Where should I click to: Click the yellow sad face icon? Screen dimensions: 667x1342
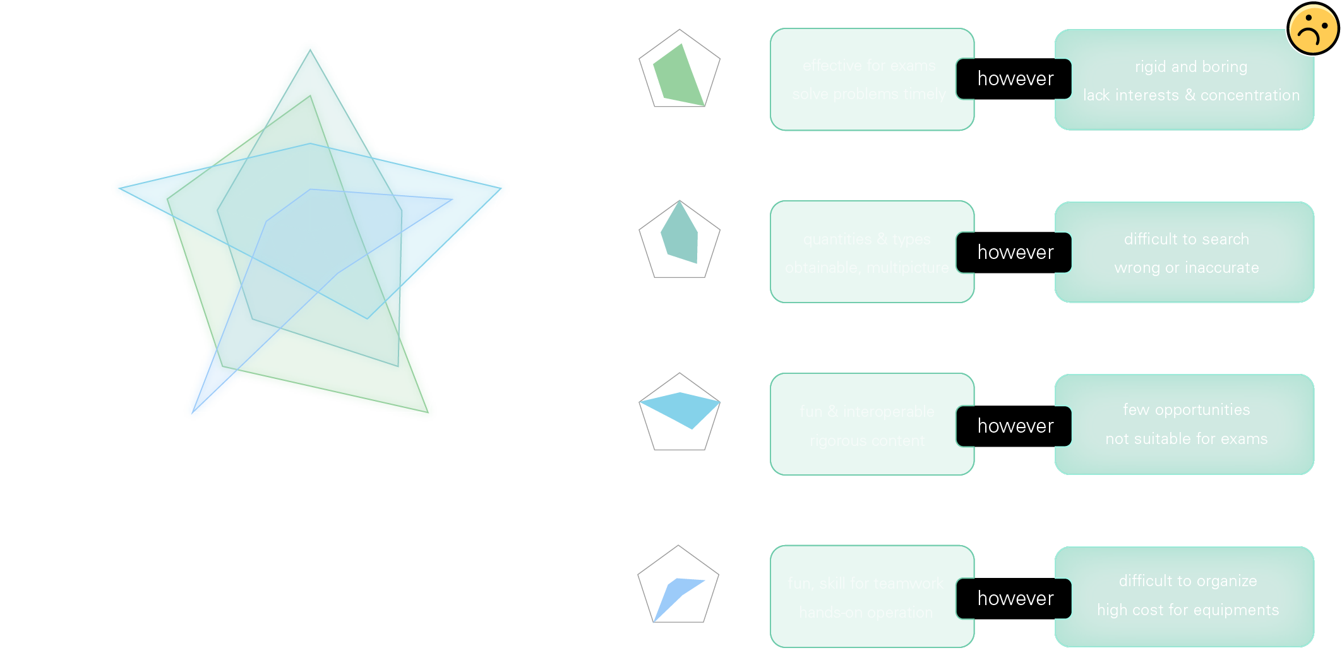pyautogui.click(x=1312, y=29)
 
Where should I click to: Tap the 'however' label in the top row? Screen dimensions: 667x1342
pyautogui.click(x=1015, y=79)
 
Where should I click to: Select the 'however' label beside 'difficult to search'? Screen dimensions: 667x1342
pyautogui.click(x=1015, y=253)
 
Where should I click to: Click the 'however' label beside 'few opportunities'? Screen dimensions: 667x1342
pyautogui.click(x=1015, y=426)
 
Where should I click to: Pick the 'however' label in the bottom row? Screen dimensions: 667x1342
pyautogui.click(x=1015, y=599)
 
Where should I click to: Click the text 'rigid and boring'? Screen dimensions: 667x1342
pyautogui.click(x=1190, y=67)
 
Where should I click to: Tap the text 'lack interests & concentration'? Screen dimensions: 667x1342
pyautogui.click(x=1191, y=95)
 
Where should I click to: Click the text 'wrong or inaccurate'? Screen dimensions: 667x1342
pyautogui.click(x=1186, y=268)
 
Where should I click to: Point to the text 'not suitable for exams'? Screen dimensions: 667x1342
pyautogui.click(x=1186, y=439)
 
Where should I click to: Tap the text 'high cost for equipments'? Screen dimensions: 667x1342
pyautogui.click(x=1187, y=610)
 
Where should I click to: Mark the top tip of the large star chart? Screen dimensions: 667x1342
pyautogui.click(x=309, y=48)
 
